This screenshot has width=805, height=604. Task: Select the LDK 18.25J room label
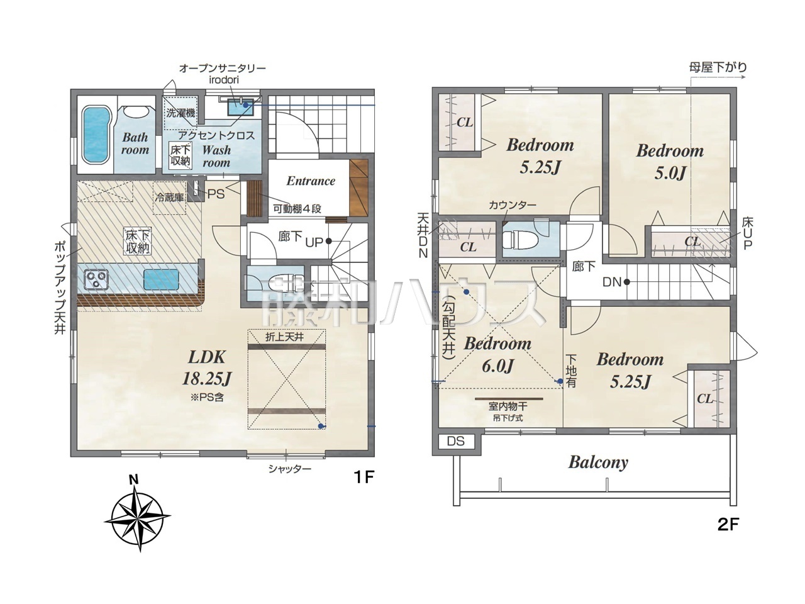point(207,368)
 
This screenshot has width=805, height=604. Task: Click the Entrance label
point(311,181)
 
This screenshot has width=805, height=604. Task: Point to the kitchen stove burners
point(97,279)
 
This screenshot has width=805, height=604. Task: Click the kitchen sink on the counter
point(161,279)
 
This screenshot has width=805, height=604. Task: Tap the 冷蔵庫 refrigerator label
point(169,198)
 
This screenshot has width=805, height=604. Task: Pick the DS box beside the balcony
point(456,441)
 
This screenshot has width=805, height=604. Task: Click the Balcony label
point(598,462)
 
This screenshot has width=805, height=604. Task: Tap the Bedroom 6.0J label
point(497,355)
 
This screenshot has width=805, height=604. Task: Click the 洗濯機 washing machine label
point(180,113)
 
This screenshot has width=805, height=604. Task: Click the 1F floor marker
point(364,477)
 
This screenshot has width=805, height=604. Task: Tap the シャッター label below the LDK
point(290,469)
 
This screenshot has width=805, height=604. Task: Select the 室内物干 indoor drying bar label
point(508,406)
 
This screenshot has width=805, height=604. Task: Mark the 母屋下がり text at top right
point(718,67)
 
